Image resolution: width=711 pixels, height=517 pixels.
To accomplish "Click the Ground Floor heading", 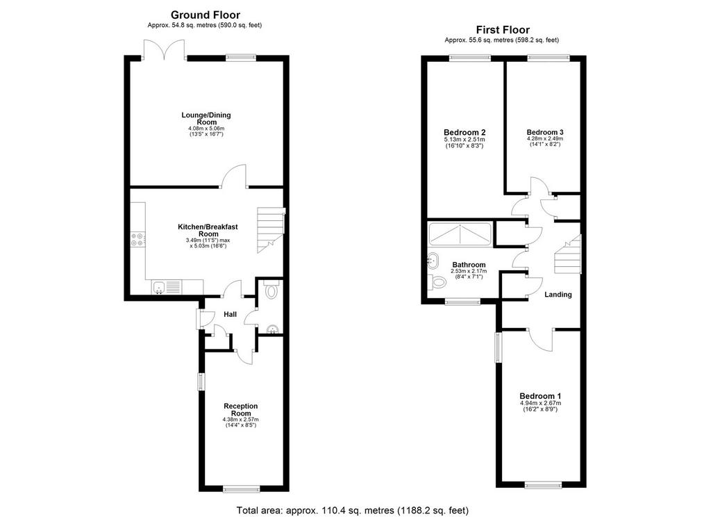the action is pyautogui.click(x=205, y=15).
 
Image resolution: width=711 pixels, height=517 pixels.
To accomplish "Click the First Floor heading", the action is pyautogui.click(x=503, y=30).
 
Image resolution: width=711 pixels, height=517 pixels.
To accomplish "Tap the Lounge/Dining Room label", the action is pyautogui.click(x=206, y=118).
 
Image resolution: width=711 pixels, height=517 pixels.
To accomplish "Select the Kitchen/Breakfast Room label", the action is pyautogui.click(x=208, y=230).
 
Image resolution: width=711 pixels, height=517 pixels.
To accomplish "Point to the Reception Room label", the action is pyautogui.click(x=241, y=410).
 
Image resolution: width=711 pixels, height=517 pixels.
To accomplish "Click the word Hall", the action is pyautogui.click(x=231, y=314).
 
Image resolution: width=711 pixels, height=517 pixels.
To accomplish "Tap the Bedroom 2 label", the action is pyautogui.click(x=465, y=133).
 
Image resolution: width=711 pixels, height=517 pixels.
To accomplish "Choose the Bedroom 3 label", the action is pyautogui.click(x=545, y=133).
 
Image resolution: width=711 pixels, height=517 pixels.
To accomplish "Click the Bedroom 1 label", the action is pyautogui.click(x=540, y=396).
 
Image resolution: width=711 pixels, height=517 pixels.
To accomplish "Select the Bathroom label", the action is pyautogui.click(x=469, y=265).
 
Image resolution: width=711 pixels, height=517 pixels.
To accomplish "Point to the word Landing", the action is pyautogui.click(x=558, y=295).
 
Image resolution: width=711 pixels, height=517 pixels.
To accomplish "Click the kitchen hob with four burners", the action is pyautogui.click(x=138, y=240).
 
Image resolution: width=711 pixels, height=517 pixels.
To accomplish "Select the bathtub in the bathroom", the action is pyautogui.click(x=460, y=235).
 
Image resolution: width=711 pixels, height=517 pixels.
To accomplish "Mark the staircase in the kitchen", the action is pyautogui.click(x=271, y=230).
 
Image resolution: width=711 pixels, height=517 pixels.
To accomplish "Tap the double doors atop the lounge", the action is pyautogui.click(x=164, y=49).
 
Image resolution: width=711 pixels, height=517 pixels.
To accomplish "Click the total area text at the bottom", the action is pyautogui.click(x=353, y=510).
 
